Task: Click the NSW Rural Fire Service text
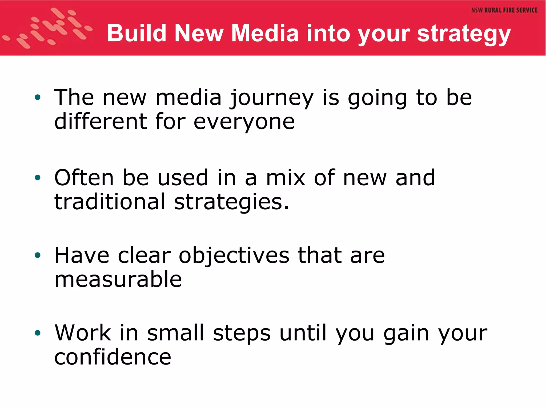tap(504, 10)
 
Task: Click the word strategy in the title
tap(464, 34)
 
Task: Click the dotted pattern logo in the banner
tap(48, 28)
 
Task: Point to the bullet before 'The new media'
tap(38, 98)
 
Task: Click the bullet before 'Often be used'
tap(38, 178)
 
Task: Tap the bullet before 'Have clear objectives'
tap(38, 256)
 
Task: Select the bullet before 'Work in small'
tap(38, 333)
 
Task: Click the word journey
tap(272, 99)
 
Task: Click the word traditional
tap(110, 202)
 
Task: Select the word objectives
tap(234, 256)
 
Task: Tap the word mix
tap(286, 178)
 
